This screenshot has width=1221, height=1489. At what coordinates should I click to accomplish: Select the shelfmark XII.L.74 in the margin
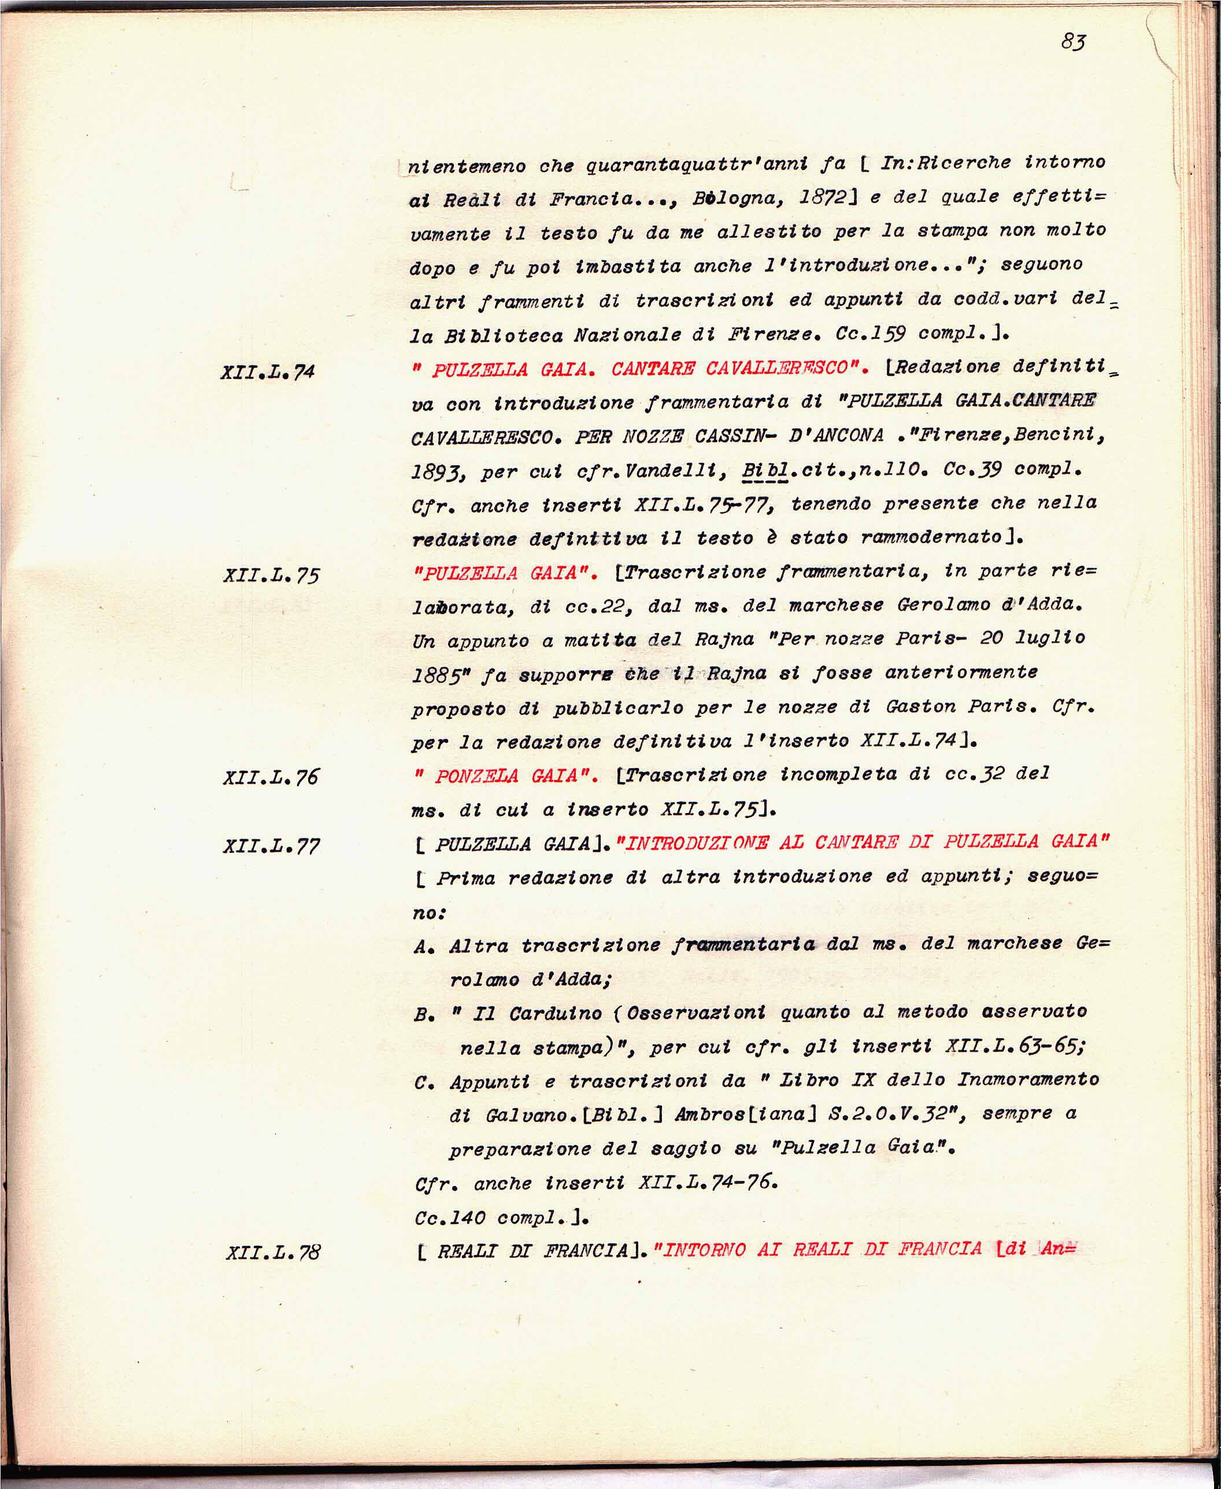click(267, 371)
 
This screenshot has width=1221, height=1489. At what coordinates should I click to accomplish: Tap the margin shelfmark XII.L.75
click(271, 575)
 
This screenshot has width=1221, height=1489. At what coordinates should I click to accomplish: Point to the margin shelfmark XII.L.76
click(271, 777)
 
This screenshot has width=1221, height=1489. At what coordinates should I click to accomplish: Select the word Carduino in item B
click(556, 1014)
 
